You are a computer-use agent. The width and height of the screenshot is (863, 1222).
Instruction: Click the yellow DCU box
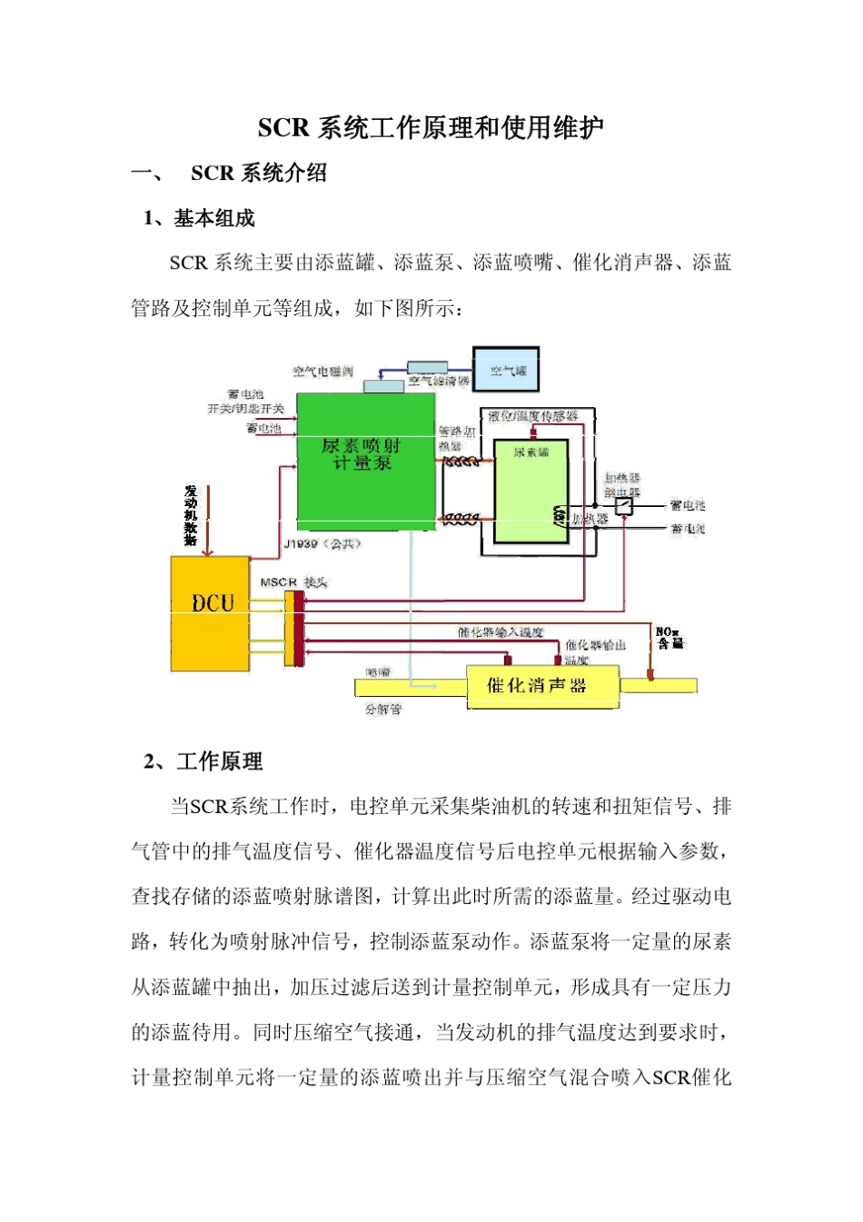pos(211,613)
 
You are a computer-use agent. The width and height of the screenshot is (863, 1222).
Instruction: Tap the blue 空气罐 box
pos(506,370)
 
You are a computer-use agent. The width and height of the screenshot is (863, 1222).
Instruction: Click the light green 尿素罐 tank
pos(531,492)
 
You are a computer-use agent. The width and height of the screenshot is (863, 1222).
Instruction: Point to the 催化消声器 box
pos(542,686)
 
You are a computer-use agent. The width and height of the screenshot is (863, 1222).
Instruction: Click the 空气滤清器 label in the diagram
pos(440,381)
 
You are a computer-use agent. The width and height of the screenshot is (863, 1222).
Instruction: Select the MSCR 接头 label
pos(293,581)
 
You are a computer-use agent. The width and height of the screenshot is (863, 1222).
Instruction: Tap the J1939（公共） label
pos(322,543)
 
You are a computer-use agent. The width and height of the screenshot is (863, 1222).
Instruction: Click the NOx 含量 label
pos(670,637)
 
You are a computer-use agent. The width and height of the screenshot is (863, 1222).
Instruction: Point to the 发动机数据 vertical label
pos(191,515)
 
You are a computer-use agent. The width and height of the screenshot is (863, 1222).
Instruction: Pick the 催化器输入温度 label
pos(501,631)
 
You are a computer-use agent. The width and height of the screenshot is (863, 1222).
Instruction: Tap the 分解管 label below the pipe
pos(382,709)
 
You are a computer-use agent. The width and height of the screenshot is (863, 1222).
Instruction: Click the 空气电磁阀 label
pos(322,372)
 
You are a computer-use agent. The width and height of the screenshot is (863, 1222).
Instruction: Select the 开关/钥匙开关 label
pos(245,409)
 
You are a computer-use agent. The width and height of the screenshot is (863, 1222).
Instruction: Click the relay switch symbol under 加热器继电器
pos(624,505)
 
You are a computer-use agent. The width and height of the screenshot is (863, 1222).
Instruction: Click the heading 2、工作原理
pos(204,761)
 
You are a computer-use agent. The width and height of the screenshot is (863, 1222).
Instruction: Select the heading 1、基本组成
pos(200,218)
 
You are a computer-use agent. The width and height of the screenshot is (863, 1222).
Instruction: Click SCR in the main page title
pos(283,128)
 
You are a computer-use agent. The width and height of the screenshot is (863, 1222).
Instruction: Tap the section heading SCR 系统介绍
pos(259,173)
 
